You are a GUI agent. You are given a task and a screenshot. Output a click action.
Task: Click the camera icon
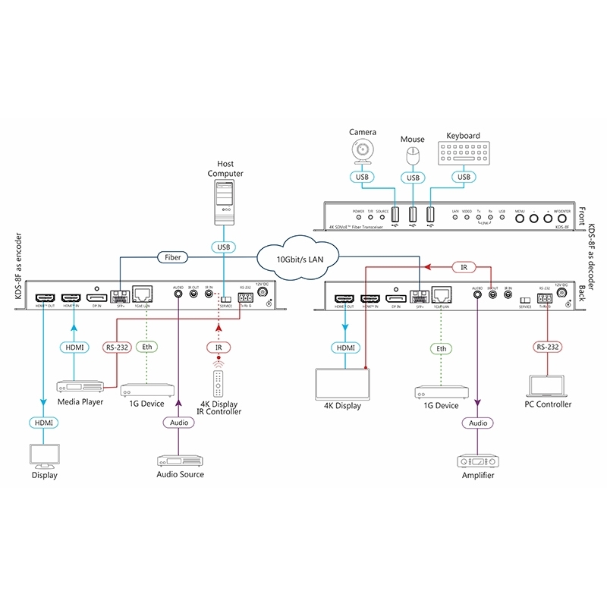(x=363, y=152)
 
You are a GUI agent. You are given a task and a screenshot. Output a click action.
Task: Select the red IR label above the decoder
(x=464, y=267)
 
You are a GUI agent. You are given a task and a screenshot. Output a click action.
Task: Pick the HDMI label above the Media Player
(x=74, y=347)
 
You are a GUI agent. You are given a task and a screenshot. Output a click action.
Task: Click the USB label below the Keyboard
(x=463, y=178)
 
